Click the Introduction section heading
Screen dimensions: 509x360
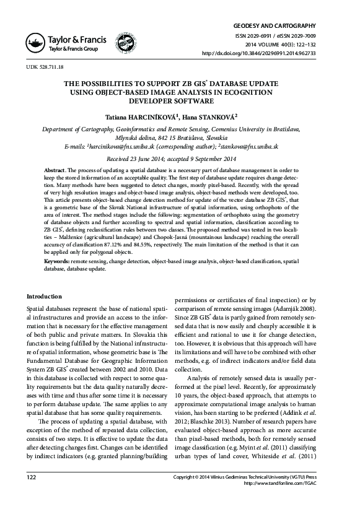point(45,297)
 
